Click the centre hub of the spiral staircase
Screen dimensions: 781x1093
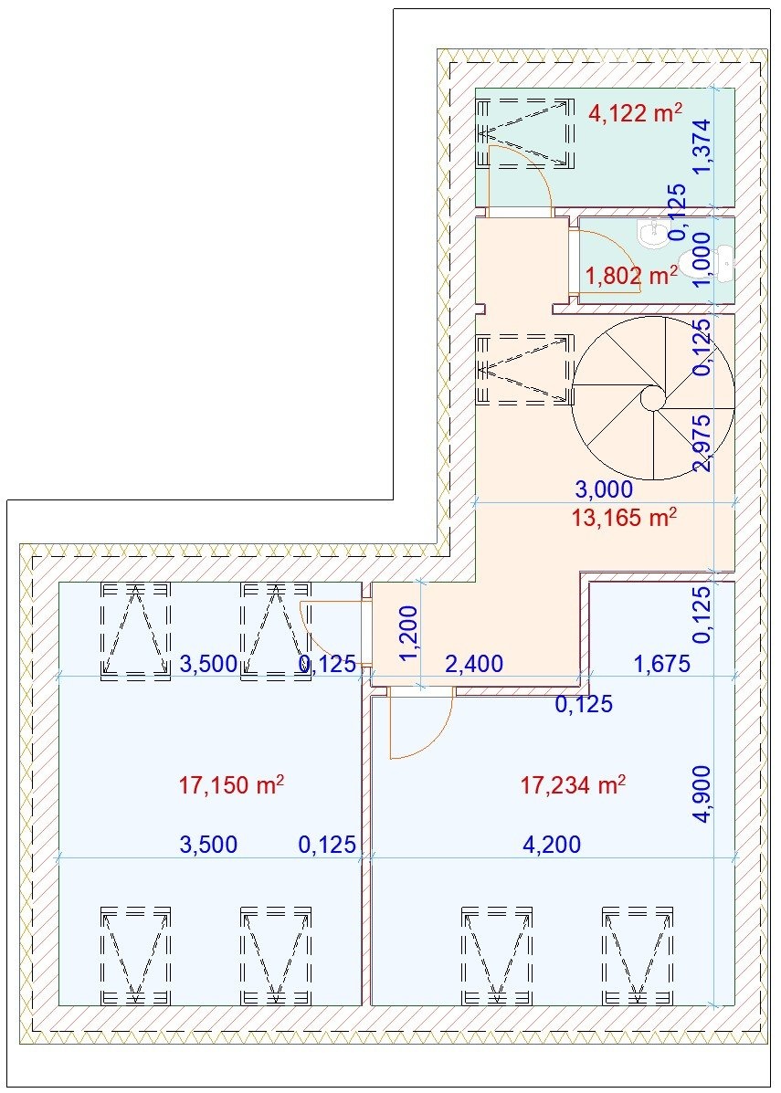pyautogui.click(x=653, y=399)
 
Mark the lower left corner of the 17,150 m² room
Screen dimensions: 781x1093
pyautogui.click(x=59, y=1004)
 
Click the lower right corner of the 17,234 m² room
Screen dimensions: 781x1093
pyautogui.click(x=734, y=1004)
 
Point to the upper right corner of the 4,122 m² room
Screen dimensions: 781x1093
pyautogui.click(x=734, y=89)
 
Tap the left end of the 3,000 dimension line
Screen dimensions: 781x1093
pyautogui.click(x=476, y=502)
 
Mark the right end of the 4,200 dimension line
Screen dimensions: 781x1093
pyautogui.click(x=734, y=858)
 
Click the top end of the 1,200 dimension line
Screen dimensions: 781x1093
pyautogui.click(x=420, y=581)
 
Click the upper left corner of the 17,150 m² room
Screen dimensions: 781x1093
pyautogui.click(x=59, y=582)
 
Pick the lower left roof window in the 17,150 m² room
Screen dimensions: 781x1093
pyautogui.click(x=136, y=955)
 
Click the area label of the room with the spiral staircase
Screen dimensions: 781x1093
pyautogui.click(x=624, y=518)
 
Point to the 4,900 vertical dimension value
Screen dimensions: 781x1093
pyautogui.click(x=703, y=794)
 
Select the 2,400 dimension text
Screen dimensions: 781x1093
pyautogui.click(x=474, y=663)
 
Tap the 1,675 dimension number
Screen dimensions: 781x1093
pyautogui.click(x=661, y=663)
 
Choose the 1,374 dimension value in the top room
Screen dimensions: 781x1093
pyautogui.click(x=703, y=146)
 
